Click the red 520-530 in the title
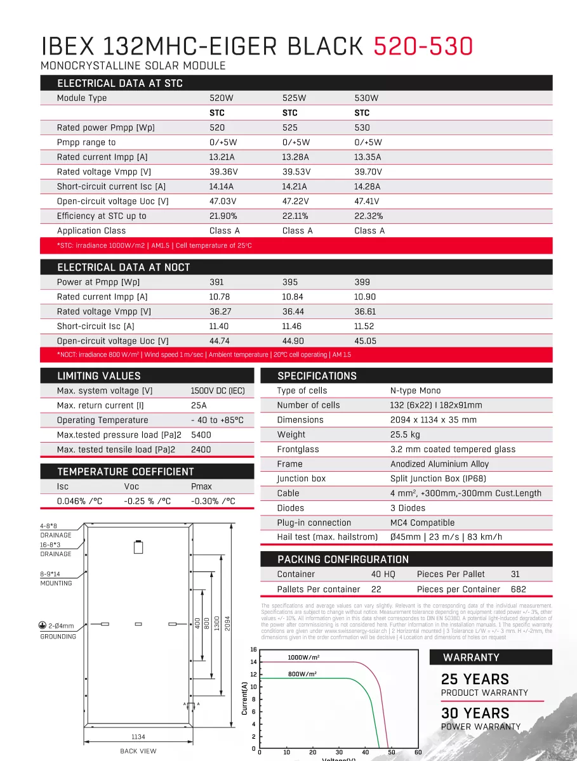click(x=422, y=46)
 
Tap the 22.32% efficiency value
click(x=368, y=216)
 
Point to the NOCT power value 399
click(x=362, y=282)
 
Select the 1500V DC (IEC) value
click(x=217, y=391)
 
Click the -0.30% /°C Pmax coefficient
click(x=213, y=501)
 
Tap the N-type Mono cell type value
click(x=415, y=391)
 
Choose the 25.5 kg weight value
click(x=405, y=435)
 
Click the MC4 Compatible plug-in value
click(x=422, y=523)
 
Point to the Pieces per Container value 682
click(x=518, y=589)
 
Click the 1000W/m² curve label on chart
click(x=303, y=658)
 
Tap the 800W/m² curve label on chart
click(x=302, y=674)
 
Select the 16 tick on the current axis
click(x=253, y=649)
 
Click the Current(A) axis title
click(x=244, y=698)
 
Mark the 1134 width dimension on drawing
click(x=138, y=737)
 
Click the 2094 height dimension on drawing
click(x=227, y=623)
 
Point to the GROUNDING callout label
click(x=58, y=637)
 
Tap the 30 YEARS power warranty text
click(x=475, y=713)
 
